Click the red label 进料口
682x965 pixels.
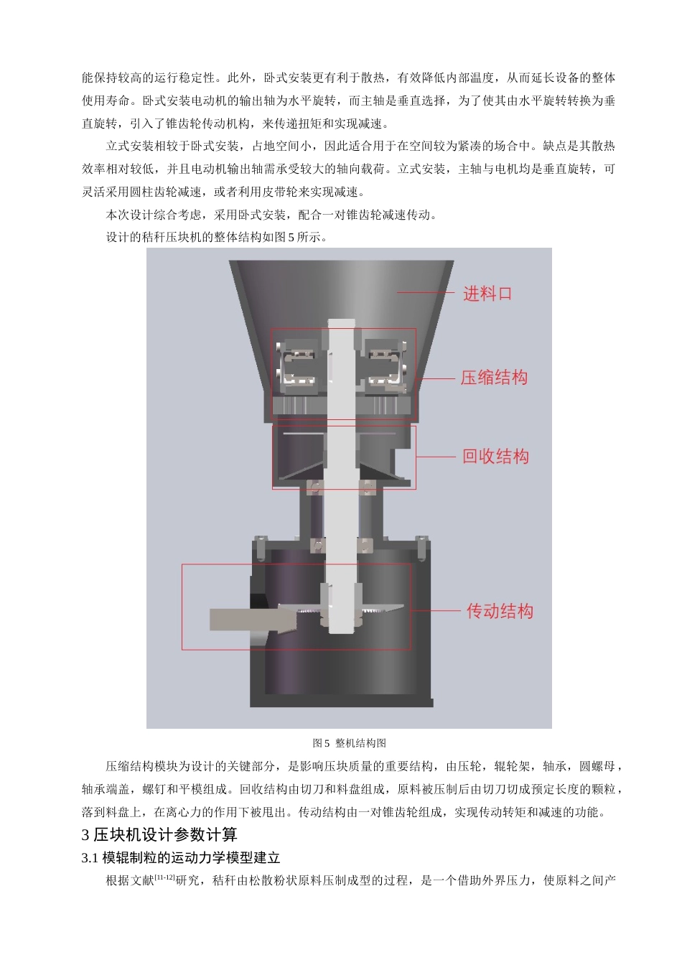click(x=487, y=294)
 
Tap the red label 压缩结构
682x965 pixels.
click(x=494, y=378)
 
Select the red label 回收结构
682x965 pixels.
click(x=495, y=457)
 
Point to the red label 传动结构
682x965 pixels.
click(x=500, y=612)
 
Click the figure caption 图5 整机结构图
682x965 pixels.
click(x=350, y=743)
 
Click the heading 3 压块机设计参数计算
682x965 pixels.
click(x=159, y=834)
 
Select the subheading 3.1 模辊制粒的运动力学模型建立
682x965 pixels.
click(x=181, y=857)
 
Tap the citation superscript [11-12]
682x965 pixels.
click(x=165, y=877)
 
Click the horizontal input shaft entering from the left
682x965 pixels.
click(x=240, y=619)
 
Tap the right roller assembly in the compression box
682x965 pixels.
click(x=385, y=367)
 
